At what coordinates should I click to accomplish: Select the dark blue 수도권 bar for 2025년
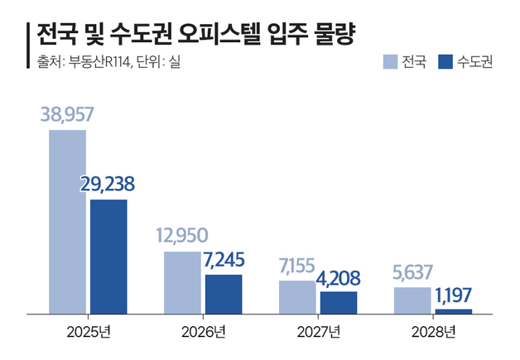108,257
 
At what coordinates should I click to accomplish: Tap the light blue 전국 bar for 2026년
182,282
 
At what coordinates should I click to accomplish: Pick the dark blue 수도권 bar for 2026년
224,294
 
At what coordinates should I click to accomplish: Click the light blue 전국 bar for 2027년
297,297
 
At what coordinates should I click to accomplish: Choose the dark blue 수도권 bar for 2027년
338,302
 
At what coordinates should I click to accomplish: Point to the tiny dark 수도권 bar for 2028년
453,311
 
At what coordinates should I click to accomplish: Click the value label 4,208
338,277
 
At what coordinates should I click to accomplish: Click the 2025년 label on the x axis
88,333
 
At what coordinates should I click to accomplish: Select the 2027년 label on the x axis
318,333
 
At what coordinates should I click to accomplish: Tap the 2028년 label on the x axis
432,333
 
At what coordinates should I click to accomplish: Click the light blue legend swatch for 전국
389,62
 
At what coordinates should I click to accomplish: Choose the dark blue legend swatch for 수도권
445,62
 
